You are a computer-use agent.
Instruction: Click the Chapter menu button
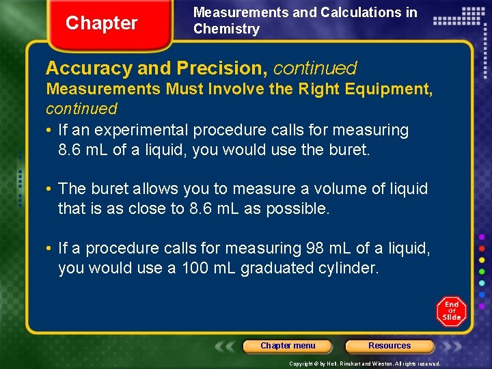coord(288,346)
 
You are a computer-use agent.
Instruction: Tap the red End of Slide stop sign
coord(452,311)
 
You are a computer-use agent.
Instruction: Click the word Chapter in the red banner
coord(101,23)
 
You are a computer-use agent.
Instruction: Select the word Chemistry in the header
coord(226,29)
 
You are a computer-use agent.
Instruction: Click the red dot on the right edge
coord(482,247)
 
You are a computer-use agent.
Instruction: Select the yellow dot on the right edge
coord(482,260)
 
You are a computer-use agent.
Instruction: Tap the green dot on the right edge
coord(482,271)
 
